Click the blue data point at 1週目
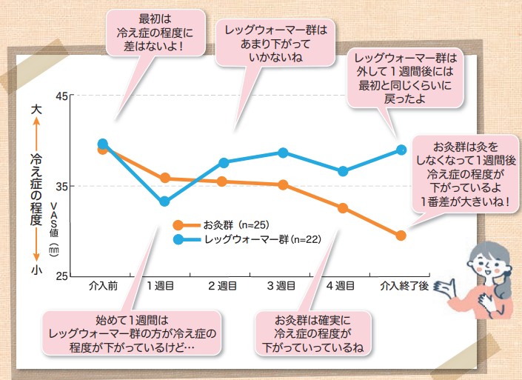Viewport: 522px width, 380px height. pos(164,201)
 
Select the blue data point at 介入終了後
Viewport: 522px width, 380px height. pos(401,150)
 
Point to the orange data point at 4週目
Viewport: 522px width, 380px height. pos(343,208)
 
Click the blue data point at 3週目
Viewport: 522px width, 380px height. pos(283,153)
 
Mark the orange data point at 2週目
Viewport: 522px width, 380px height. pos(223,181)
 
